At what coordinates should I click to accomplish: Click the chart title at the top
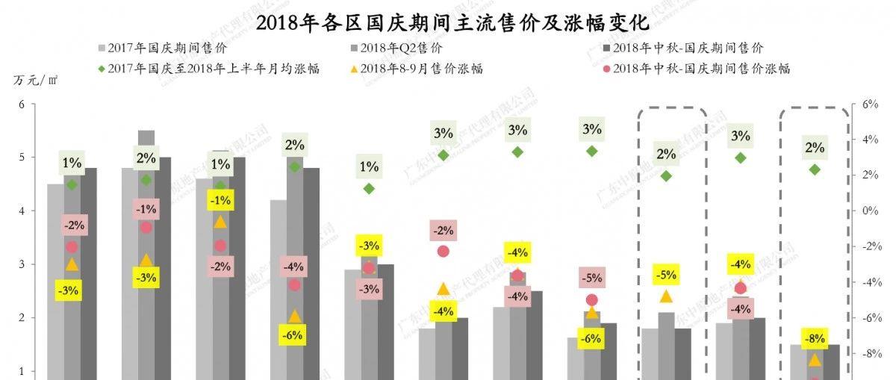[447, 22]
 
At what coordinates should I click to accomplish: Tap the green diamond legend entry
[208, 69]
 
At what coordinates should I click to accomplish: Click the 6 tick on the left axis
[22, 105]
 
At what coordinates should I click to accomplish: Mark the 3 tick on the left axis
[22, 264]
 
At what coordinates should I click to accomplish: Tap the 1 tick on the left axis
[22, 371]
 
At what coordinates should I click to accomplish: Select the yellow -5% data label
[667, 275]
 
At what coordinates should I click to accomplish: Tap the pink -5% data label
[591, 278]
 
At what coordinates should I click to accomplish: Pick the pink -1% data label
[146, 209]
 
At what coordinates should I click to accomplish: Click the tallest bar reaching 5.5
[146, 254]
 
